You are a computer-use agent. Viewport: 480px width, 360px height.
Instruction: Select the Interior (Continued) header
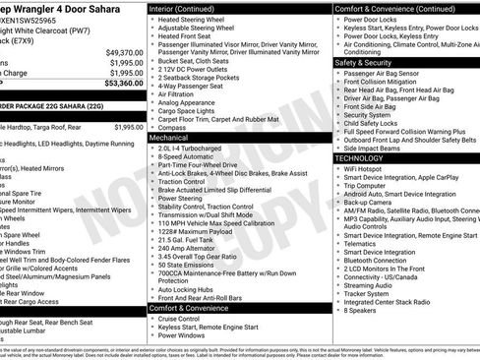click(189, 9)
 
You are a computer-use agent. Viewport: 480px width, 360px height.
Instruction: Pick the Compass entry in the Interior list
click(174, 128)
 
